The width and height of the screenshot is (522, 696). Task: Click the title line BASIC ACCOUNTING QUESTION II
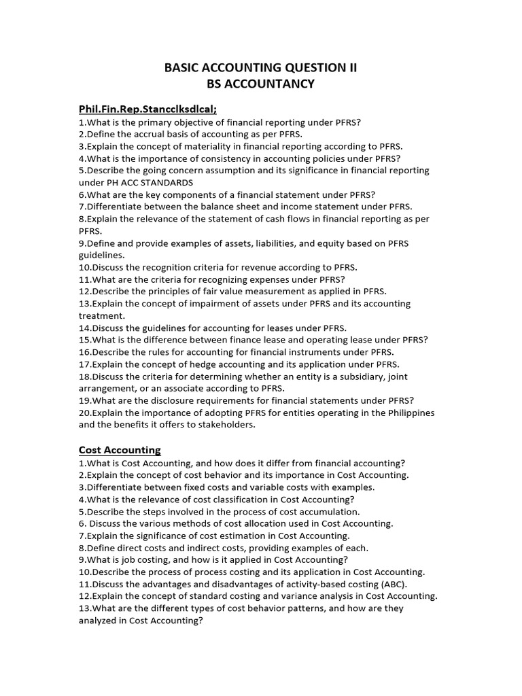point(261,67)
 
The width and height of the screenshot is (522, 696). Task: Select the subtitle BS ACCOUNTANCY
point(261,84)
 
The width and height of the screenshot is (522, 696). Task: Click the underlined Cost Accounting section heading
point(120,450)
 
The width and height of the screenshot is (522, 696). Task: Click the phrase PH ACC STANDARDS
point(150,182)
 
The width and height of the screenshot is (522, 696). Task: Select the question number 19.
point(84,400)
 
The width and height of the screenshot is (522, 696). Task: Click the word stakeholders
point(225,425)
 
